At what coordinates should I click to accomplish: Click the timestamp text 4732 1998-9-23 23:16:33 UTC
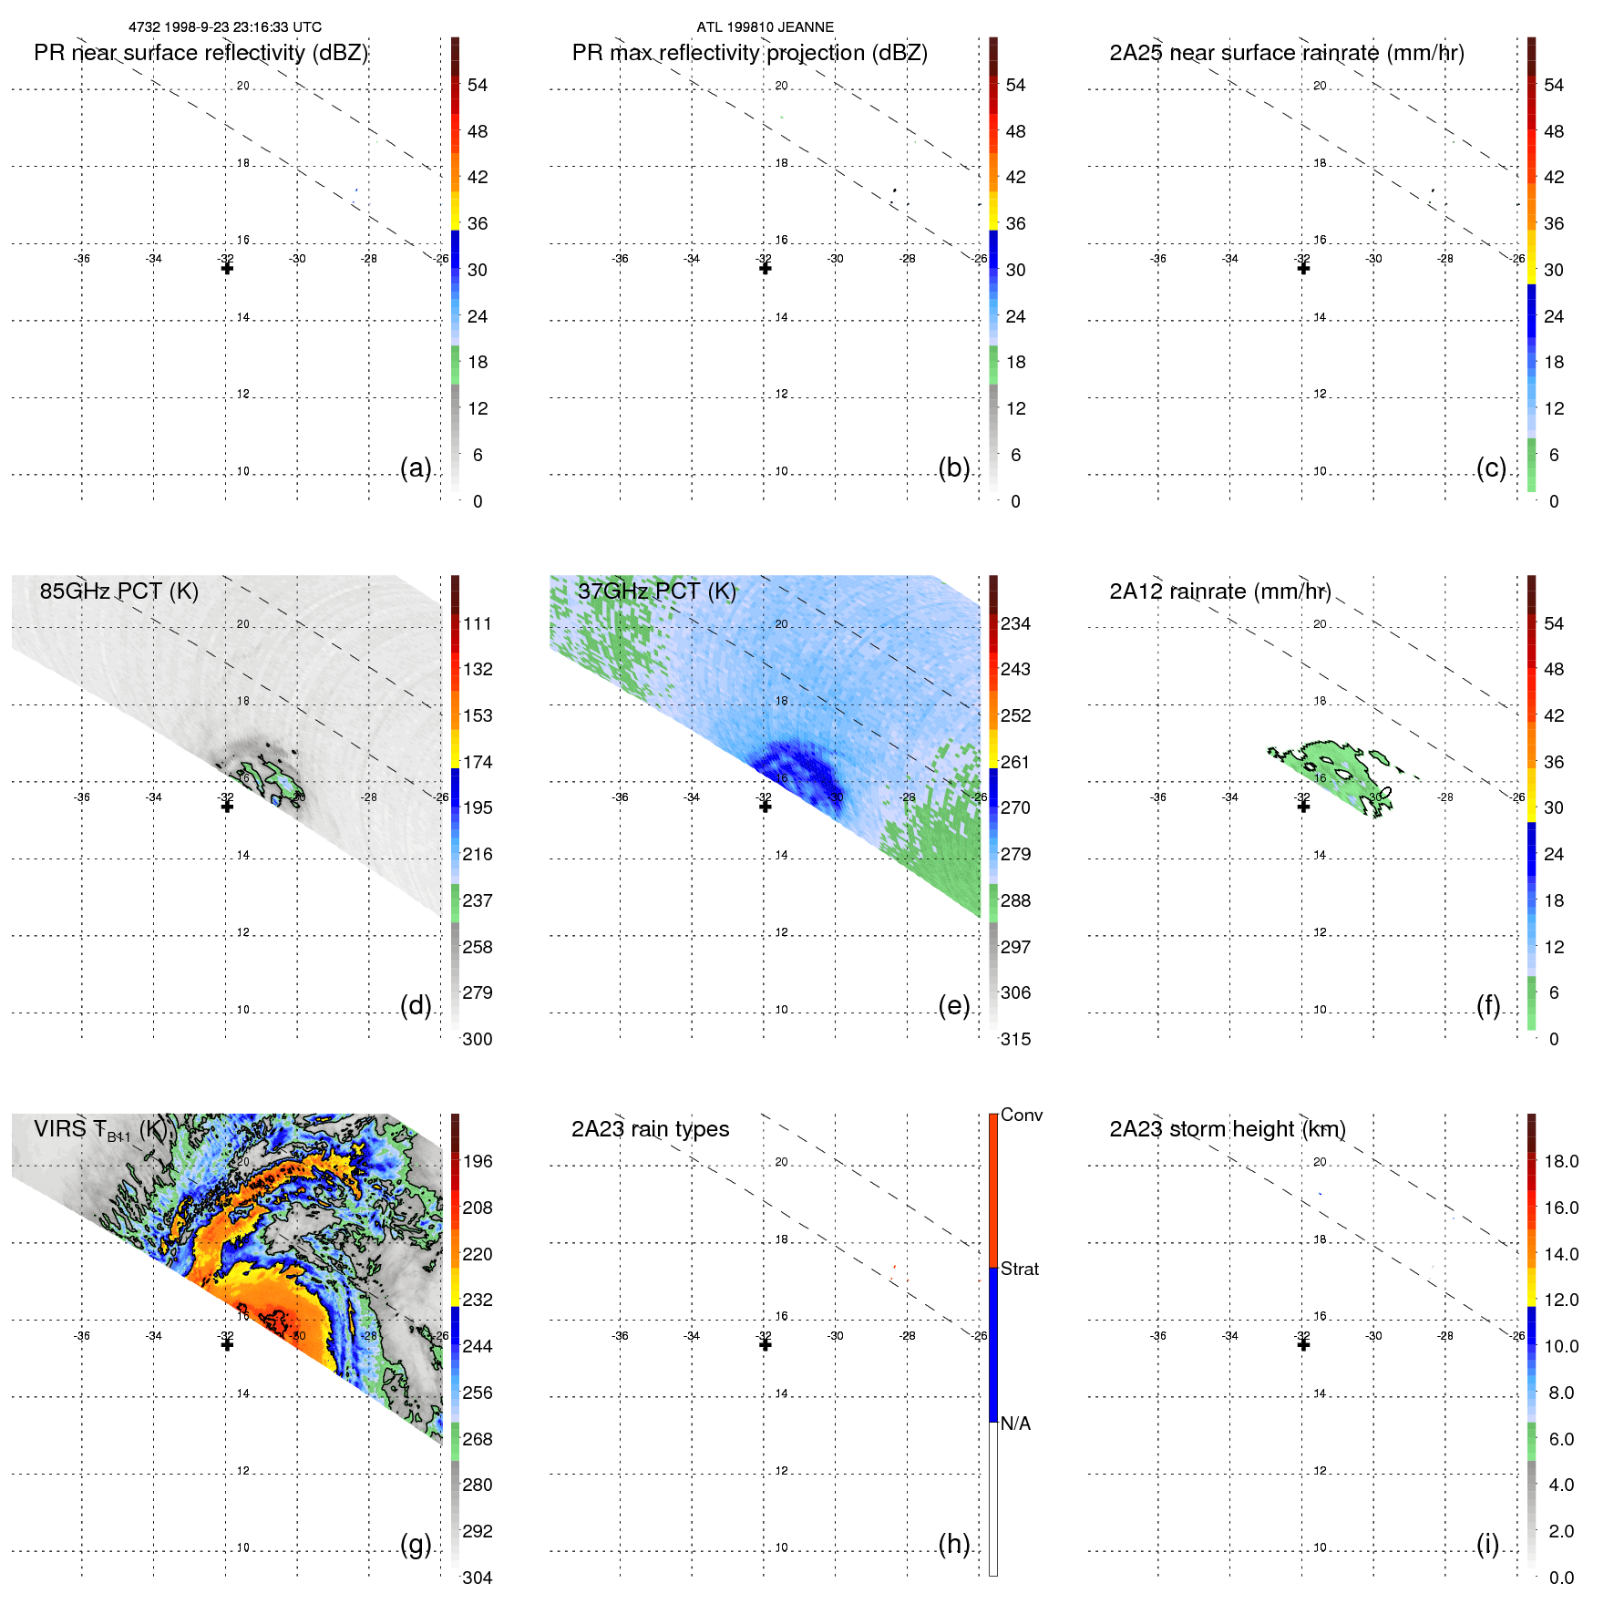click(225, 27)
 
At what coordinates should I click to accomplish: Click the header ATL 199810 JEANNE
click(765, 27)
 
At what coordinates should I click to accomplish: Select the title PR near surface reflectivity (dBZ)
click(200, 53)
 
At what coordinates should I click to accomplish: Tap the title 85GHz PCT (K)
click(118, 591)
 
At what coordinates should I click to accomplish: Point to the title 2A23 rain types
click(650, 1129)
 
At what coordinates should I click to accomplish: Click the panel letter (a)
click(416, 468)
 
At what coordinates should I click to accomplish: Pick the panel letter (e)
click(953, 1005)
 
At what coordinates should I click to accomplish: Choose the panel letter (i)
click(1487, 1544)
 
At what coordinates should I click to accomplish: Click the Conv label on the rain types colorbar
click(1021, 1115)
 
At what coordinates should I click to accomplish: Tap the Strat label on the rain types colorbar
click(1019, 1270)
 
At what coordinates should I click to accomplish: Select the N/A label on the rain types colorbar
click(1015, 1424)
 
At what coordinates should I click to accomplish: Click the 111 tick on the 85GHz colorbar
click(478, 624)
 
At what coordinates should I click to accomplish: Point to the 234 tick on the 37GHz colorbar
click(1015, 624)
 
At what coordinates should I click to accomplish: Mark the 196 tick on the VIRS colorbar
click(478, 1162)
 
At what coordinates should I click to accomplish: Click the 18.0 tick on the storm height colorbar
click(1561, 1162)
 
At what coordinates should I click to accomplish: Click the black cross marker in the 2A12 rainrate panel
click(1303, 807)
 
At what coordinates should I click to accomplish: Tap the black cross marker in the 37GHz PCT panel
click(766, 807)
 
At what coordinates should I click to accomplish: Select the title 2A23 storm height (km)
click(1227, 1129)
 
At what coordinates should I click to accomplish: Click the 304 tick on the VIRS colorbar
click(478, 1578)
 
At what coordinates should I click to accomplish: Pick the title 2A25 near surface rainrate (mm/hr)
click(1286, 53)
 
